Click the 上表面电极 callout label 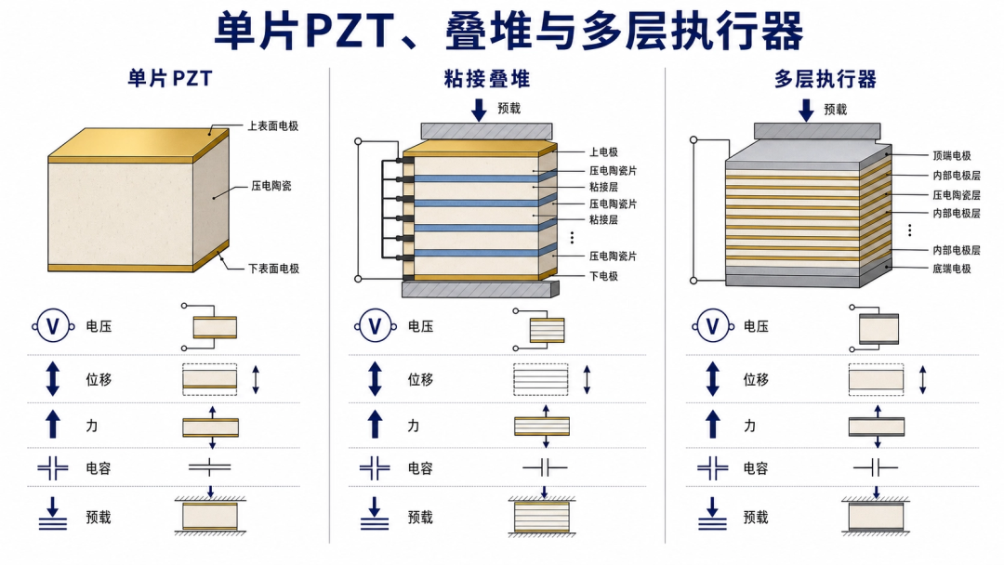[x=273, y=126]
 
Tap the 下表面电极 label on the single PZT [x=273, y=269]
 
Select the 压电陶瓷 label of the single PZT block [x=271, y=186]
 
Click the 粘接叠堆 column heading [x=486, y=79]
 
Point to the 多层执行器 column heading [x=825, y=79]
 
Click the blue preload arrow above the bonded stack [x=479, y=110]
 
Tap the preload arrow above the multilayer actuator [x=806, y=110]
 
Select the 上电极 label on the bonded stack [x=603, y=151]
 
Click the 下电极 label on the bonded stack [x=603, y=276]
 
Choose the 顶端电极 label [x=952, y=155]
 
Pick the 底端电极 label [x=952, y=269]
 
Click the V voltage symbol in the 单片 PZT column [x=53, y=327]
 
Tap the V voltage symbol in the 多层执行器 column [x=713, y=327]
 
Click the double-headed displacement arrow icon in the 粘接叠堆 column [x=376, y=379]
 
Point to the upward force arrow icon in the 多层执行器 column [x=713, y=425]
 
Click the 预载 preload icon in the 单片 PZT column [x=52, y=514]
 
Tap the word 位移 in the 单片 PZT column [x=99, y=379]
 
